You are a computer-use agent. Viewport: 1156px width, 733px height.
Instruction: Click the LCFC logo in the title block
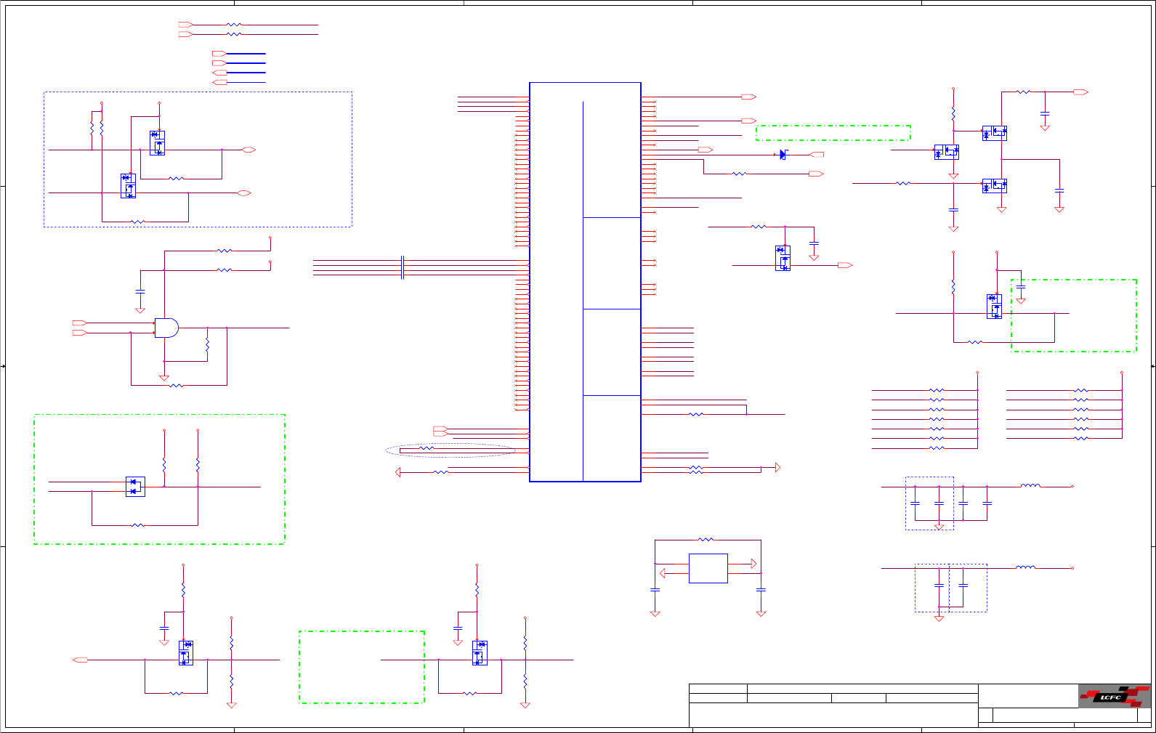pos(1114,696)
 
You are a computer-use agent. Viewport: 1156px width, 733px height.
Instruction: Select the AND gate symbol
pos(166,328)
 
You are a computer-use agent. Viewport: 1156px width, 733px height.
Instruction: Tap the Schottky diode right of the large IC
pos(783,155)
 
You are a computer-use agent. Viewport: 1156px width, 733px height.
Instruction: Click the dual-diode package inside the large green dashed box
pos(135,487)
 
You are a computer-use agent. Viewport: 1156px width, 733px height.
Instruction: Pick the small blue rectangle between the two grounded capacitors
pos(708,568)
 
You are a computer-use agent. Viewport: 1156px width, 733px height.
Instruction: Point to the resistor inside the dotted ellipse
pos(427,448)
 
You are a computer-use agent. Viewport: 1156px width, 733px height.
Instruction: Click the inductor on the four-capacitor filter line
pos(1030,486)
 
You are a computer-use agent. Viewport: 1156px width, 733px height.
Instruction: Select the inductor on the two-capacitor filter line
pos(1025,567)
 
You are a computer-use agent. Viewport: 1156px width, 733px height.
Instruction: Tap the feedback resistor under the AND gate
pos(176,385)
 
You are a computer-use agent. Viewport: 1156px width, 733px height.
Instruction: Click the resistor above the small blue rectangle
pos(706,540)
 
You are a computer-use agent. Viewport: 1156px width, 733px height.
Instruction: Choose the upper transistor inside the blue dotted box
pos(157,142)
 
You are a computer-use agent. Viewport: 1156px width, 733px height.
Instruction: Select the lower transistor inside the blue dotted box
pos(129,186)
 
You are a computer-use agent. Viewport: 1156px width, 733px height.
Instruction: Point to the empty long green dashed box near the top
pos(833,133)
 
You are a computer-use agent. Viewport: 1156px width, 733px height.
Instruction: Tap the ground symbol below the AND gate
pos(164,378)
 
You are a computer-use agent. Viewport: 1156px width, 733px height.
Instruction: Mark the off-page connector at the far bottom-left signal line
pos(81,660)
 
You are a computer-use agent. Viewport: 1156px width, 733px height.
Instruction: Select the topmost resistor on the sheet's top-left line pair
pos(234,25)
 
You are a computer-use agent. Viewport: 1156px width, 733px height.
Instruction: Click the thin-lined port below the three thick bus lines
pos(219,83)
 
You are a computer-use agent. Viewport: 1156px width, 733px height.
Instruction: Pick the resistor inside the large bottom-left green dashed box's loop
pos(138,525)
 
